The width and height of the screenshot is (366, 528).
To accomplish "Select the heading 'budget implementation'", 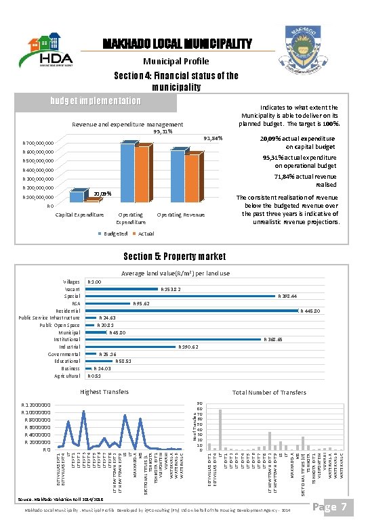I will pos(96,102).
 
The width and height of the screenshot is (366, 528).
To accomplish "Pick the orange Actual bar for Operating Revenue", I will pos(192,178).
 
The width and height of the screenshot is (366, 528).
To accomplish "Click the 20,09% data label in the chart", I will pos(102,193).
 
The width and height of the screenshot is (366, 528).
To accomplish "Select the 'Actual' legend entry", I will pos(146,234).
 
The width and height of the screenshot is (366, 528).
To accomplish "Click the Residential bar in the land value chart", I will pos(193,311).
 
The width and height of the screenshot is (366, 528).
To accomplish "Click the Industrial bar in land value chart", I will pos(131,347).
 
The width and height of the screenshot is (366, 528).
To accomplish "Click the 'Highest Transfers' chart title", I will pos(104,392).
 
